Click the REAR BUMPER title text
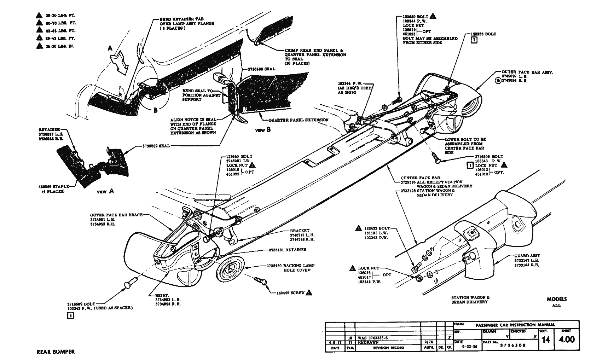pyautogui.click(x=56, y=352)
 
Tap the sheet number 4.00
pyautogui.click(x=567, y=340)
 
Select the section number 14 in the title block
pyautogui.click(x=546, y=340)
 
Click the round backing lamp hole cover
pyautogui.click(x=230, y=269)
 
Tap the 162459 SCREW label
pyautogui.click(x=290, y=293)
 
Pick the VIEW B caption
pyautogui.click(x=263, y=130)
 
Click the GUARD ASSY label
pyautogui.click(x=527, y=256)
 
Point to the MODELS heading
pyautogui.click(x=557, y=299)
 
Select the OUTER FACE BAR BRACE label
pyautogui.click(x=116, y=215)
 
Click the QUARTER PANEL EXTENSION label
pyautogui.click(x=298, y=120)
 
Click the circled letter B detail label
pyautogui.click(x=155, y=110)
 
